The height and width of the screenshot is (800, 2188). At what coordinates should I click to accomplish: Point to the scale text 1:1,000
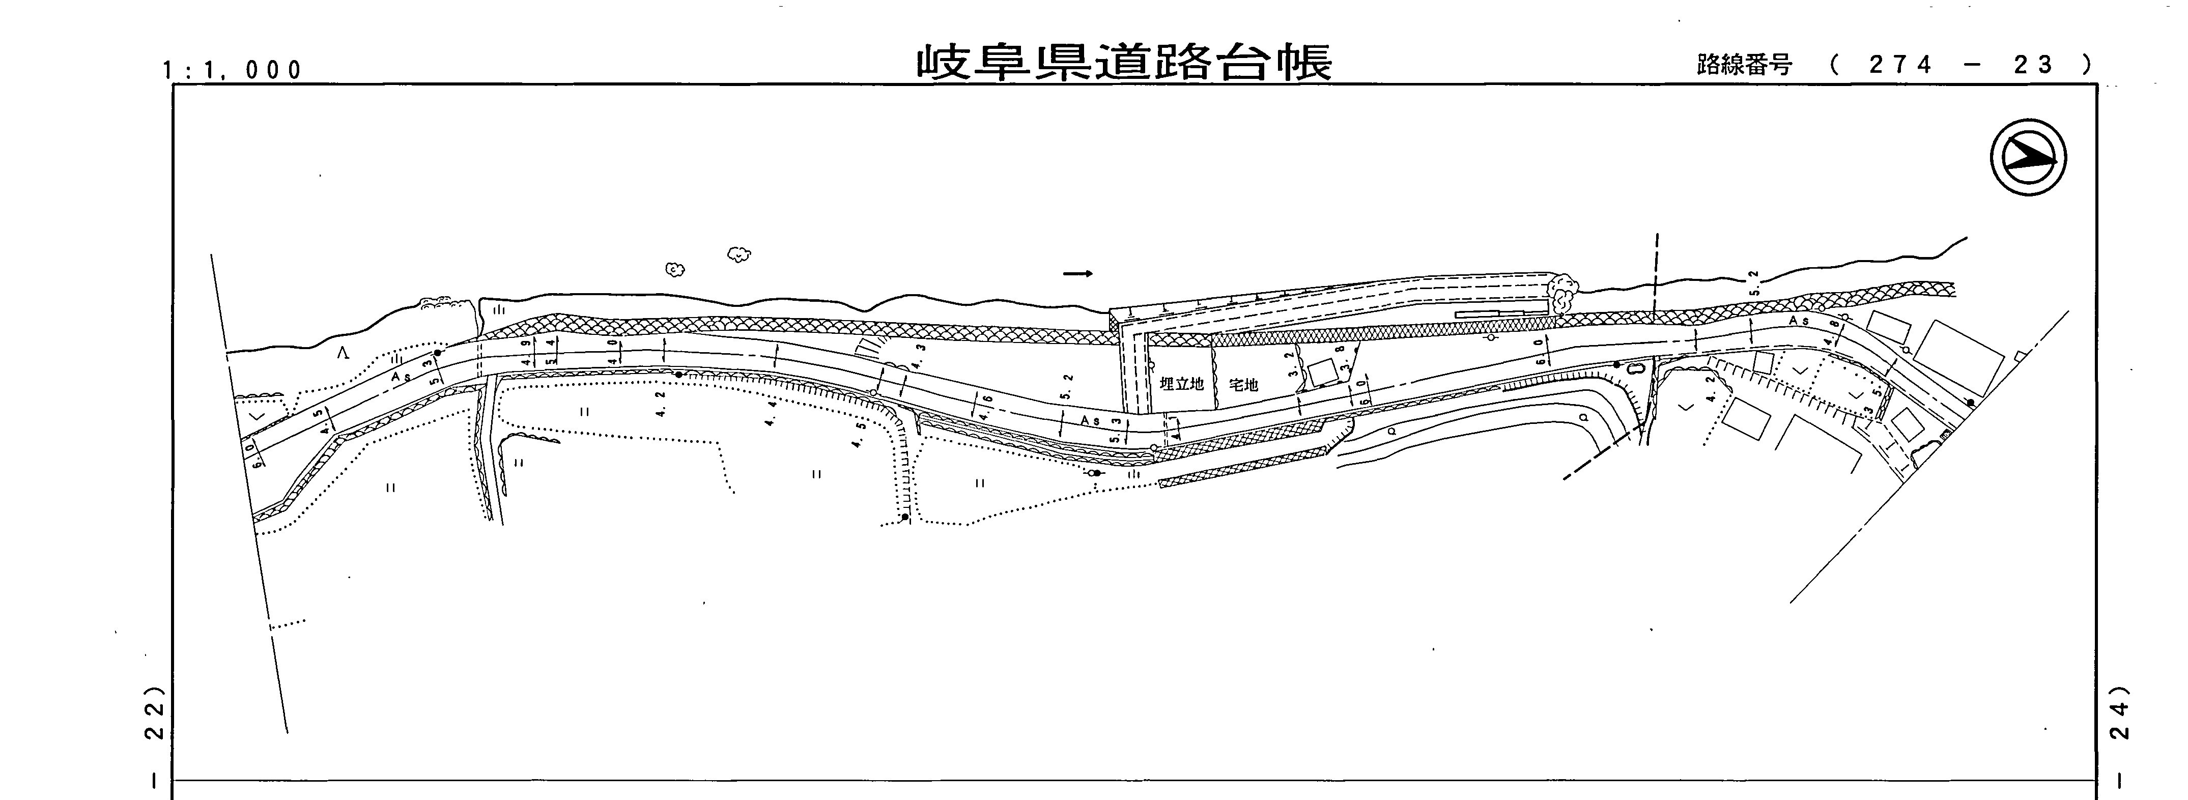(233, 70)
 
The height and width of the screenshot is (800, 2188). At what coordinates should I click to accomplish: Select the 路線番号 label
(1744, 65)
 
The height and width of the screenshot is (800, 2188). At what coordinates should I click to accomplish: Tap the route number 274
(1901, 65)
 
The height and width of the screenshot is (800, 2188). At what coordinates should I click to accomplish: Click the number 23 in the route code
(2034, 65)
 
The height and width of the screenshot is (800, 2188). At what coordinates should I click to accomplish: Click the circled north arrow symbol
(2028, 158)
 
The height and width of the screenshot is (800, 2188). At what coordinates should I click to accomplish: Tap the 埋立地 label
(1181, 384)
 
